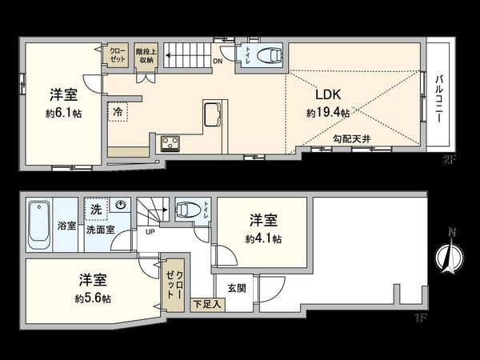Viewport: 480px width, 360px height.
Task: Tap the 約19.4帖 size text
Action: coord(328,114)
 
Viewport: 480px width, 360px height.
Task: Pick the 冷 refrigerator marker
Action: coord(118,111)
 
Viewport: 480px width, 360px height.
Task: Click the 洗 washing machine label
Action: coord(95,209)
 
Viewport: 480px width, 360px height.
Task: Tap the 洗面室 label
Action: coord(100,227)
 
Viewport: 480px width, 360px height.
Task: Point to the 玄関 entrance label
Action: coord(236,287)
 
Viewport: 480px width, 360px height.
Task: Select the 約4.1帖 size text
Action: coord(262,238)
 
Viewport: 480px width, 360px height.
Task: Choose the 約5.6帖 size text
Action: coord(94,298)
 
